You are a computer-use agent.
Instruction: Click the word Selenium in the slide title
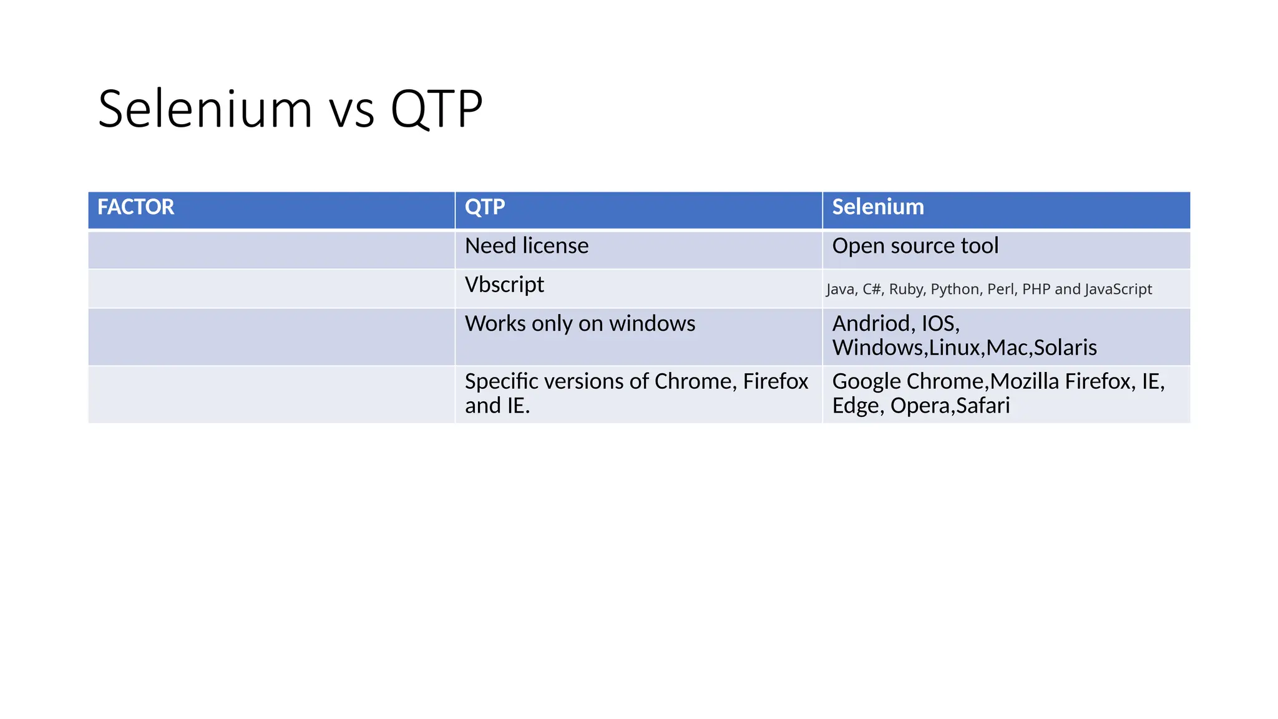[205, 109]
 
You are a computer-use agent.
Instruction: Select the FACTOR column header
[135, 207]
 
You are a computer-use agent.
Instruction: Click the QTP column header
[485, 207]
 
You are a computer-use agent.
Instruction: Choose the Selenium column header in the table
[877, 207]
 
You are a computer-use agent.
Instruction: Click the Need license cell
[526, 246]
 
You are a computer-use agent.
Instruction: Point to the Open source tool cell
[915, 246]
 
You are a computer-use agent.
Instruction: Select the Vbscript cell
[504, 285]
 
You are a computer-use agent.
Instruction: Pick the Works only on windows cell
[580, 324]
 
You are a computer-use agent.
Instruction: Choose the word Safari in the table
[983, 406]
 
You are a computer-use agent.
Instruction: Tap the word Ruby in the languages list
[905, 290]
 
